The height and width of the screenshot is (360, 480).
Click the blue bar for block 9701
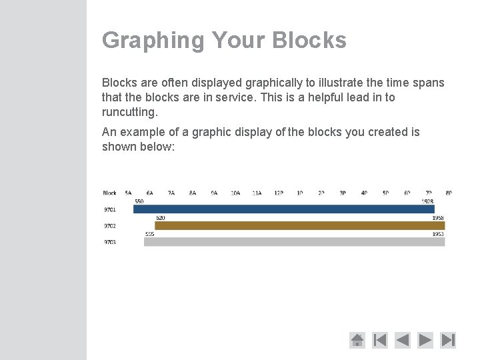(x=283, y=209)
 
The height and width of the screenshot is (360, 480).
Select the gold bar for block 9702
(x=299, y=226)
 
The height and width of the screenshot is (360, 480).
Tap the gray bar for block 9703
(x=294, y=242)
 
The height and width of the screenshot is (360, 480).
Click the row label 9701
(x=109, y=209)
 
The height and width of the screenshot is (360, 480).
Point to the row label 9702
(x=109, y=226)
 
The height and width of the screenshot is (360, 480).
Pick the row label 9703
(x=109, y=242)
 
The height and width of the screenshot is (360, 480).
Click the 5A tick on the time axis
(x=128, y=193)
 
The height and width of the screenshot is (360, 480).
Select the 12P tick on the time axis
(x=279, y=193)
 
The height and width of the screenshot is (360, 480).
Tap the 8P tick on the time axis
(x=449, y=193)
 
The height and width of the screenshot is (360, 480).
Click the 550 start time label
(x=139, y=201)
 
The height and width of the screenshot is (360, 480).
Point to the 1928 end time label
(x=427, y=201)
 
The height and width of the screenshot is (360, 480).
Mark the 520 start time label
(x=161, y=218)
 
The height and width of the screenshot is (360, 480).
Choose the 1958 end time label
(x=438, y=218)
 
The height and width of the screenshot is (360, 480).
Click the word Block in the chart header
(x=110, y=193)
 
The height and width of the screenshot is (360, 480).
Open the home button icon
(x=357, y=340)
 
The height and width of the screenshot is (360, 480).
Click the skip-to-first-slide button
(x=380, y=340)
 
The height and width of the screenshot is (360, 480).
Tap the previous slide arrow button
(x=403, y=340)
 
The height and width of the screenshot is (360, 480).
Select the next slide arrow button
(x=425, y=340)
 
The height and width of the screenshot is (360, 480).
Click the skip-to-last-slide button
(x=448, y=340)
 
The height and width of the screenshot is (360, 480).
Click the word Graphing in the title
(x=153, y=40)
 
